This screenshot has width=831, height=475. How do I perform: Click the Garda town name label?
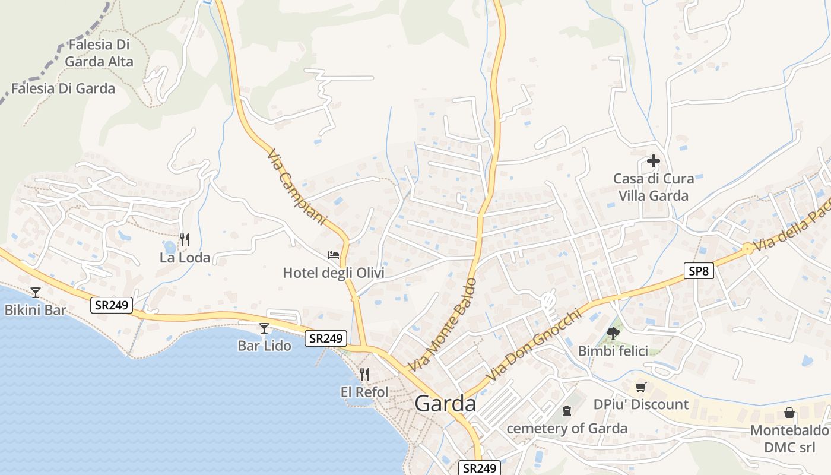coord(445,404)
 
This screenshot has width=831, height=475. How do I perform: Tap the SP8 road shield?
coord(698,271)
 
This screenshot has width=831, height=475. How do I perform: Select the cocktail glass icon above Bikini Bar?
coord(36,292)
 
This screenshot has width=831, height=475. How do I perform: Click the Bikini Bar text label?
coord(36,310)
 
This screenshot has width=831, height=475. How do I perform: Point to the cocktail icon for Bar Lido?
coord(264,328)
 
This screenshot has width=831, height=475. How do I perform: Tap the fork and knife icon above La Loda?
coord(185,240)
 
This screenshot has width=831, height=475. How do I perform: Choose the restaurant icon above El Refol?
coord(364,374)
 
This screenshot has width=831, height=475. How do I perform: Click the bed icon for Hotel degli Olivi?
coord(334,255)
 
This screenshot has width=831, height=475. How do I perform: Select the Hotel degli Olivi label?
coord(334,273)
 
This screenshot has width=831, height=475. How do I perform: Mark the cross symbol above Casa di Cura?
coord(654,161)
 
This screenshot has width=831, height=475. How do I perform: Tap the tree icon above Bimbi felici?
coord(613,334)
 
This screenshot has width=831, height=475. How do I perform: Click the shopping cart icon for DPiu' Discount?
coord(640,388)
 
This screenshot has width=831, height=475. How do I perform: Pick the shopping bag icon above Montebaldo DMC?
coord(789,413)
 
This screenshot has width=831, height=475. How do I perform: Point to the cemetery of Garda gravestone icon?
coord(567,410)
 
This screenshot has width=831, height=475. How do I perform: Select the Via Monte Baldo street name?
coord(442,325)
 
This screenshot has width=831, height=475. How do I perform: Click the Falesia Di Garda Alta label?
coord(99,53)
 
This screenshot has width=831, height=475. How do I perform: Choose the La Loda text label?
coord(185,258)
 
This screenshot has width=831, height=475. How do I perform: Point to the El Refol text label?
coord(364,392)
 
